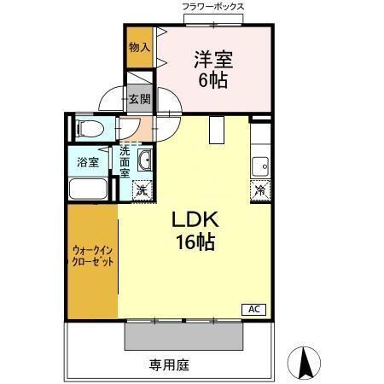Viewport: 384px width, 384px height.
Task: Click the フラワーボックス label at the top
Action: coord(213,7)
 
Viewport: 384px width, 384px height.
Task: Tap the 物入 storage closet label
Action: coord(139,48)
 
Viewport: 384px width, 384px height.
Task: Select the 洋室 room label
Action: coord(213,60)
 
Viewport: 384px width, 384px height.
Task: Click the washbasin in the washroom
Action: coord(145,160)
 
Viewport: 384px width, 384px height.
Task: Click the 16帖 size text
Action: coord(197,242)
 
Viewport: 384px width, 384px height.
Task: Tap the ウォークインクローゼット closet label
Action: coord(92,255)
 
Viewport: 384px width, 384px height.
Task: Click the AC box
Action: coord(254,308)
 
